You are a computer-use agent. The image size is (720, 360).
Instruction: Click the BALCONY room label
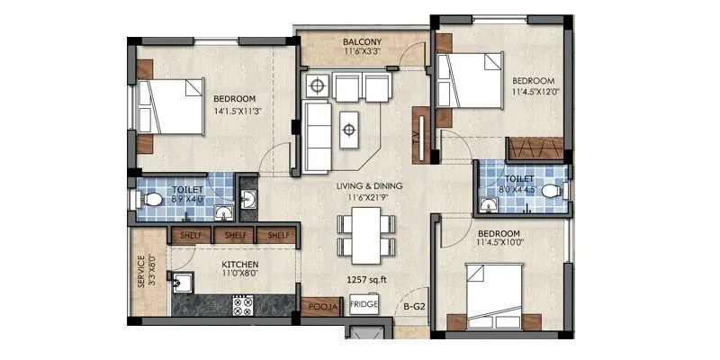(363, 42)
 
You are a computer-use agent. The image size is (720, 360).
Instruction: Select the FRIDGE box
(364, 305)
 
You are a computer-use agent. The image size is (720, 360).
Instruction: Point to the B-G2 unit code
(414, 307)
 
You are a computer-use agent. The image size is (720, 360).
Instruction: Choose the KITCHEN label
(241, 265)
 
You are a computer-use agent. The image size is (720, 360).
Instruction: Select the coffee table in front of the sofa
(349, 129)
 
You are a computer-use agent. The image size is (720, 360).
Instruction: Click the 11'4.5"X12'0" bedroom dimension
(536, 91)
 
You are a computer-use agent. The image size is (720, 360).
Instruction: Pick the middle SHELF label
(235, 236)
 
